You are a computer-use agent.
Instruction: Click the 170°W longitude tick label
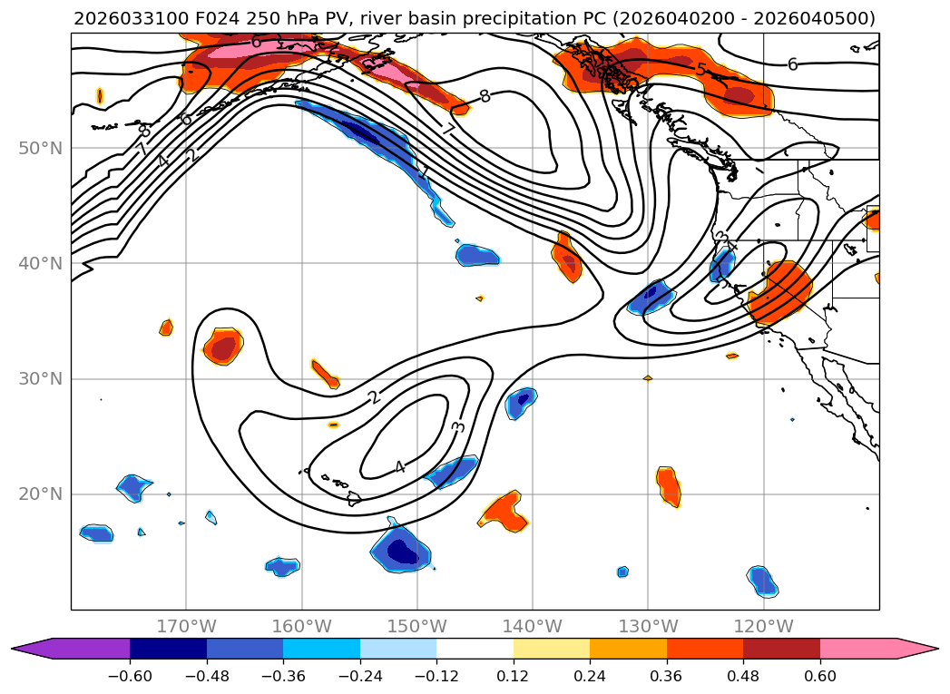pyautogui.click(x=186, y=626)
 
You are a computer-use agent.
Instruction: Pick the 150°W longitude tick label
pyautogui.click(x=416, y=626)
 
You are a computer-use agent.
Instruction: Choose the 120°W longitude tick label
pyautogui.click(x=763, y=626)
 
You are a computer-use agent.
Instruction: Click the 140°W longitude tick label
pyautogui.click(x=532, y=626)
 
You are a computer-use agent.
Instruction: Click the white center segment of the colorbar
pyautogui.click(x=475, y=648)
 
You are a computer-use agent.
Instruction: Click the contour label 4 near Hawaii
pyautogui.click(x=399, y=467)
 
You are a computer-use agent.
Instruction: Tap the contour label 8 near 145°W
pyautogui.click(x=485, y=96)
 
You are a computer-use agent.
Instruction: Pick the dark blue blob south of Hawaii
pyautogui.click(x=402, y=551)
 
